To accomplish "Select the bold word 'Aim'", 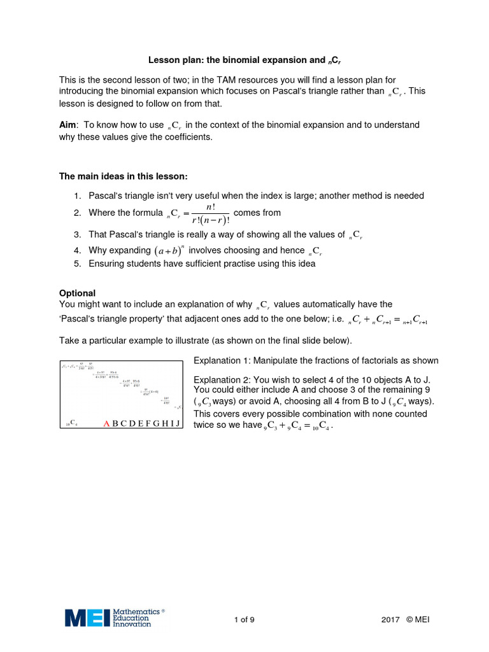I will [67, 125].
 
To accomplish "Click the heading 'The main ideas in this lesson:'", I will [124, 176].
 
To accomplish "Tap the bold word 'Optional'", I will [77, 292].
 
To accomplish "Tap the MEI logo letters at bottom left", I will [87, 617].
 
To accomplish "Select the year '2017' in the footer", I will [390, 620].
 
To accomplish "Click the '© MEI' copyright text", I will [418, 620].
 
